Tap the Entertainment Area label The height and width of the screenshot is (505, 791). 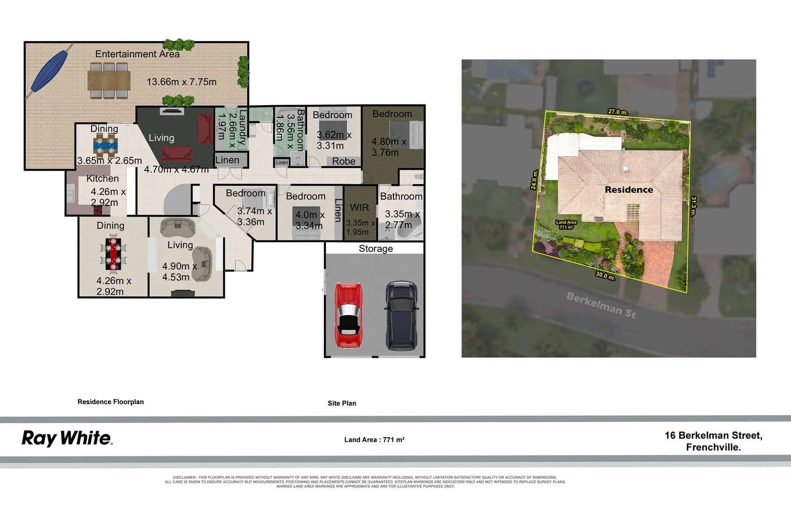[137, 54]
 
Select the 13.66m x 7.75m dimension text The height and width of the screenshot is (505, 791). [181, 82]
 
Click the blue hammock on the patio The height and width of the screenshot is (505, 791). [49, 71]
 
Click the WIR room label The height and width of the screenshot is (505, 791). [359, 208]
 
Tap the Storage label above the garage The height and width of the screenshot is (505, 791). [376, 249]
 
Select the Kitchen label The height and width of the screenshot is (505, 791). [102, 179]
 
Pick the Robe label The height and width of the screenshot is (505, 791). [343, 161]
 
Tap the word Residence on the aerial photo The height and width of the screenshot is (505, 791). [628, 190]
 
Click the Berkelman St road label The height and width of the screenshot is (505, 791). [601, 305]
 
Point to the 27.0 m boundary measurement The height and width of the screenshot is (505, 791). [618, 112]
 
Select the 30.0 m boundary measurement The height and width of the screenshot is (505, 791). [605, 276]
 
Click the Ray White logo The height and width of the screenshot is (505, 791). [67, 439]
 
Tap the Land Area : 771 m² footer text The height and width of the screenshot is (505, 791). [374, 440]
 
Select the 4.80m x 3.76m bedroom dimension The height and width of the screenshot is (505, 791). [388, 147]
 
